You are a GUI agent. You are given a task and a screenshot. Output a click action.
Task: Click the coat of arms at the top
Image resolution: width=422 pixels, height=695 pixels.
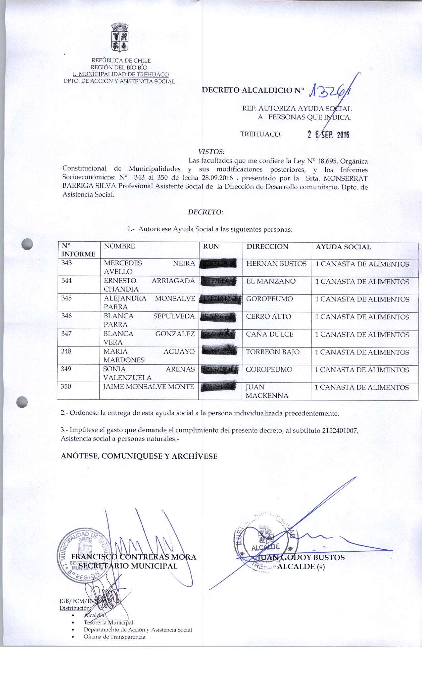[119, 37]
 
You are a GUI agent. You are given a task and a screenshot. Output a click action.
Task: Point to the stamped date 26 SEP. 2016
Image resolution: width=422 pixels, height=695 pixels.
[328, 134]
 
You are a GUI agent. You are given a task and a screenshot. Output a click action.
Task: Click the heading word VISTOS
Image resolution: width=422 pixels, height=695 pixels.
[211, 152]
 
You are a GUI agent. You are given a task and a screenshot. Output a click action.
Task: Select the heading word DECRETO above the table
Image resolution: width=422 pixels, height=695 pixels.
[206, 212]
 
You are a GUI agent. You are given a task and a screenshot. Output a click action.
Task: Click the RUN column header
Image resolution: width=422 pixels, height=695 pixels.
[211, 247]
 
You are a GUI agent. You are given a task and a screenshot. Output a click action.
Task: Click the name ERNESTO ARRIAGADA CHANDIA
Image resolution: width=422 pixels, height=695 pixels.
[149, 285]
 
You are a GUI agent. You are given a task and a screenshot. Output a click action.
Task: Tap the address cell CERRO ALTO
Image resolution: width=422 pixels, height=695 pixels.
[268, 316]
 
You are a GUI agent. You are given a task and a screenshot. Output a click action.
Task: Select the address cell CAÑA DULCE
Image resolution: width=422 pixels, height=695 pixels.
[270, 334]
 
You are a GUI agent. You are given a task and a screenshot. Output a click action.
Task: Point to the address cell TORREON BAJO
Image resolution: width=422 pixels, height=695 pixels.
[273, 352]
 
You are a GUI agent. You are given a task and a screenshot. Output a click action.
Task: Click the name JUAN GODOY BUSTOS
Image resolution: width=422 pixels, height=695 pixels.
[301, 558]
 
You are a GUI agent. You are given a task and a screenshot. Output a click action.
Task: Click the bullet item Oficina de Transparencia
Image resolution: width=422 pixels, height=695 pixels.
[115, 637]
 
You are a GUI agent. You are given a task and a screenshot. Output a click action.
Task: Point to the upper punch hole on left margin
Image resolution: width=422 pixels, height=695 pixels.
[27, 244]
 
